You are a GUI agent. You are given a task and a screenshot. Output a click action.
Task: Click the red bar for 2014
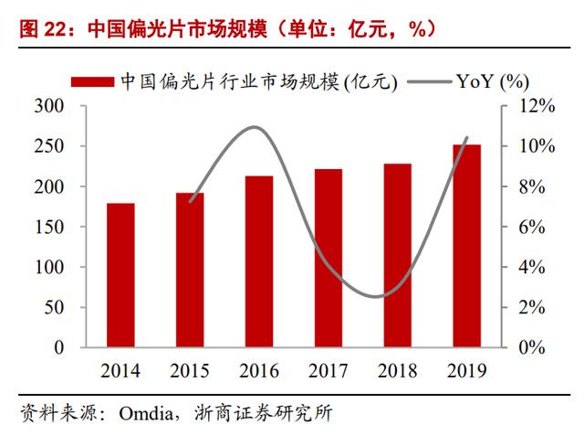point(120,275)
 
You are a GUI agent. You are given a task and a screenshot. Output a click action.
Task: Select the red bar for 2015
point(190,270)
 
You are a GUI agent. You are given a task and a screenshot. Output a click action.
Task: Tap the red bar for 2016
point(259,261)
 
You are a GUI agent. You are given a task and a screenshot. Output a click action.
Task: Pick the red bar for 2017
point(328,258)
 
